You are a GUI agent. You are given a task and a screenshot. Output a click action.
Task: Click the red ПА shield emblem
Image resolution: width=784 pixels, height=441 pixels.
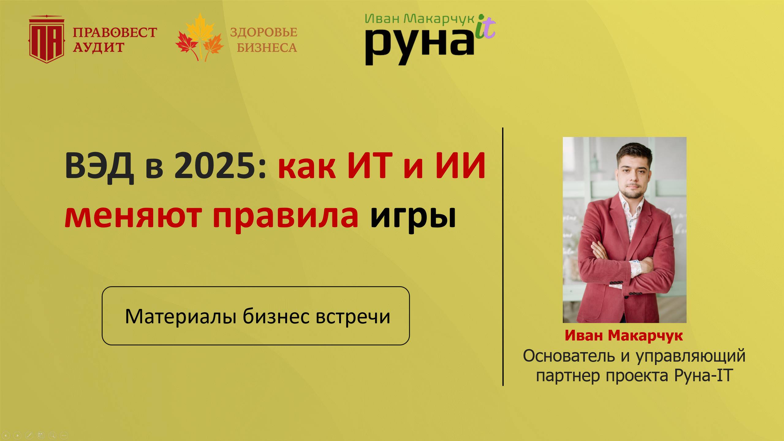tap(47, 40)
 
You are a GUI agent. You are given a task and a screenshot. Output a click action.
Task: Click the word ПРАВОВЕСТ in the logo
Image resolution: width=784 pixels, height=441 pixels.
tap(115, 32)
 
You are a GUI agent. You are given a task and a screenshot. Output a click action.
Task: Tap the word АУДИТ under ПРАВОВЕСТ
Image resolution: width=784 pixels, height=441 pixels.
tap(99, 48)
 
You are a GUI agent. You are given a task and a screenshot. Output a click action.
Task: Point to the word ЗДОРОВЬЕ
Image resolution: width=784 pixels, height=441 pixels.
tap(263, 32)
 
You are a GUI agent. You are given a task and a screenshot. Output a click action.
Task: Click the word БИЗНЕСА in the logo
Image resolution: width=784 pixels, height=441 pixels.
tap(267, 48)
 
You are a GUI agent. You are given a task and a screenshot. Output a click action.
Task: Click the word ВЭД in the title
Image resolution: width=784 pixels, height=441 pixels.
tap(99, 166)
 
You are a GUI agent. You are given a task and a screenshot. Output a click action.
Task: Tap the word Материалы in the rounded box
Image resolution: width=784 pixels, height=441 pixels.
tap(180, 316)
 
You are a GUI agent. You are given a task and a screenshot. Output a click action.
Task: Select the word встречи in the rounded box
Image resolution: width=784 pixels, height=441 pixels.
tap(353, 317)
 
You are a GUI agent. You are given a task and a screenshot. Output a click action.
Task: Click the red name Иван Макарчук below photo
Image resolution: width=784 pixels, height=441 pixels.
tap(624, 335)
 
